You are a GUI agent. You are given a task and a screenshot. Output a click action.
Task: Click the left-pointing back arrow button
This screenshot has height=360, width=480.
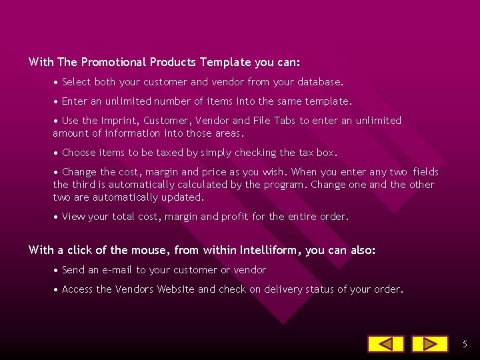[x=385, y=344]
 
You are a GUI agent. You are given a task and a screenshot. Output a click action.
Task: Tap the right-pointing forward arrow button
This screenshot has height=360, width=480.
[x=429, y=344]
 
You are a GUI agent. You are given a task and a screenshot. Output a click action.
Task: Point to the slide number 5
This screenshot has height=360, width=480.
[x=465, y=344]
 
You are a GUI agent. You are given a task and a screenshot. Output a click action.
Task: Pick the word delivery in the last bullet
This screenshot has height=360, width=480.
[x=284, y=289]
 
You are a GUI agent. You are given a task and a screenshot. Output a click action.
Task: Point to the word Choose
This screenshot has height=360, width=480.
[x=79, y=153]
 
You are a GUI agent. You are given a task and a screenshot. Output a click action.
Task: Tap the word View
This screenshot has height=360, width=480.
[x=73, y=217]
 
